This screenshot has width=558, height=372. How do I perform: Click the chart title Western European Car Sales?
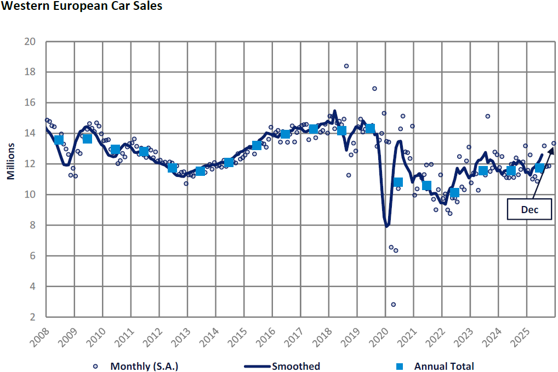82,7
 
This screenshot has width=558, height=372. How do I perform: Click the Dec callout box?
529,210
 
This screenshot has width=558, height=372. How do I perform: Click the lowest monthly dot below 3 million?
394,305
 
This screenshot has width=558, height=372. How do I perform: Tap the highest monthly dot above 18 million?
346,66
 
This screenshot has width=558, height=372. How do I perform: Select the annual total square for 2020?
398,182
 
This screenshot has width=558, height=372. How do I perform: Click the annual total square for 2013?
200,171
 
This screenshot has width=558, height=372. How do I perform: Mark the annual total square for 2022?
454,192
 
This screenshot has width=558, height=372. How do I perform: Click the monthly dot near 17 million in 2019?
374,88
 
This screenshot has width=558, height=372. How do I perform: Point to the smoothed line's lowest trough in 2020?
387,226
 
